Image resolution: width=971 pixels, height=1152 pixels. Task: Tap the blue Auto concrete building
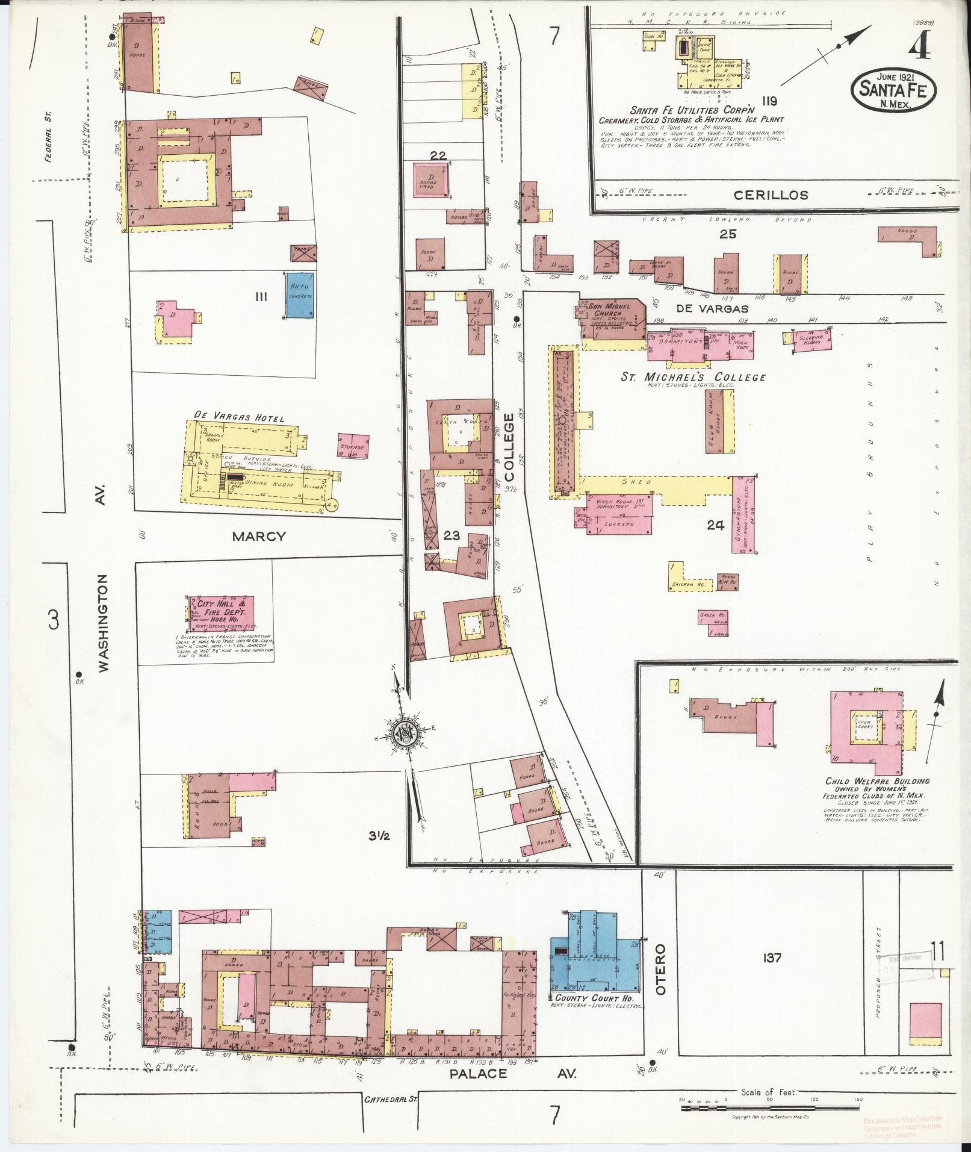point(302,295)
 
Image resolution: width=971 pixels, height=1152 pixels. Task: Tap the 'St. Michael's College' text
point(693,378)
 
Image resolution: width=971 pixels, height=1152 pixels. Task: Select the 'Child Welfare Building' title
point(877,781)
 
